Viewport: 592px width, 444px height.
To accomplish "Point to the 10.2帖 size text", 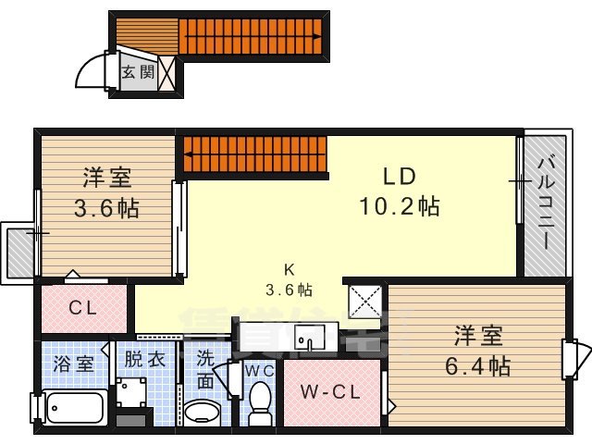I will coord(400,205).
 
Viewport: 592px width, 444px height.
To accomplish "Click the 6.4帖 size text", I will coord(481,365).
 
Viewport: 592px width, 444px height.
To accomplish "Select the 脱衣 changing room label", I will coord(145,360).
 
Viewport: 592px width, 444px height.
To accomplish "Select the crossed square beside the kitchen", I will coord(365,301).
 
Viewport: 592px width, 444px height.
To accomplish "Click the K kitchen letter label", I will coord(289,269).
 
